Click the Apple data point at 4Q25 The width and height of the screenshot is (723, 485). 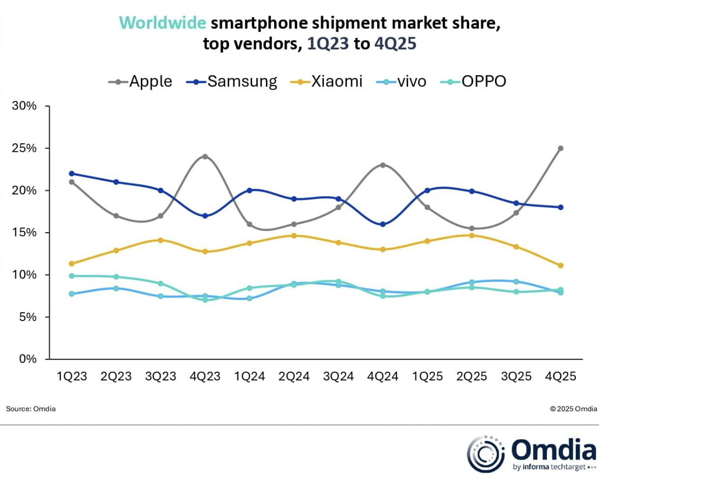[561, 148]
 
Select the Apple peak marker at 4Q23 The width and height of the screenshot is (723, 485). [205, 157]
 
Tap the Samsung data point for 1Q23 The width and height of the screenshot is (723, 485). [72, 173]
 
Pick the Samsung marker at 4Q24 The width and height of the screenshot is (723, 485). [383, 224]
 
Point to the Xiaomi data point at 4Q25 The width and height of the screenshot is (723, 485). [561, 266]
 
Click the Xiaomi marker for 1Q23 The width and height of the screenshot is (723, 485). [72, 264]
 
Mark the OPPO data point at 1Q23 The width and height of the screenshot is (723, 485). [72, 276]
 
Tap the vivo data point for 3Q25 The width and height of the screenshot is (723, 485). [516, 281]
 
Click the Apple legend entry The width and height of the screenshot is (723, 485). [140, 81]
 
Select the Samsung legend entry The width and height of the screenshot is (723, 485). [232, 81]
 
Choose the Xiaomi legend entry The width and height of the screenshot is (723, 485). [326, 81]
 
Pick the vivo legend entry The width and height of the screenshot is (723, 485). [401, 81]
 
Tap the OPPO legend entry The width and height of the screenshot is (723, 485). [473, 81]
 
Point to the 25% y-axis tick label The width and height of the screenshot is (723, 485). [24, 148]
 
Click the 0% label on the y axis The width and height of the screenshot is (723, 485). [27, 359]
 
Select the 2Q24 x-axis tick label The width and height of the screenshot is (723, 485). [294, 377]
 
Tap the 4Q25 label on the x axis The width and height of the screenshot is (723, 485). [561, 377]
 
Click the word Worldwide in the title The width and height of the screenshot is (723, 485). [162, 23]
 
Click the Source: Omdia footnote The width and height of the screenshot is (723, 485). [30, 409]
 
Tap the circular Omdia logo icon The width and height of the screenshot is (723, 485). [486, 454]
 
